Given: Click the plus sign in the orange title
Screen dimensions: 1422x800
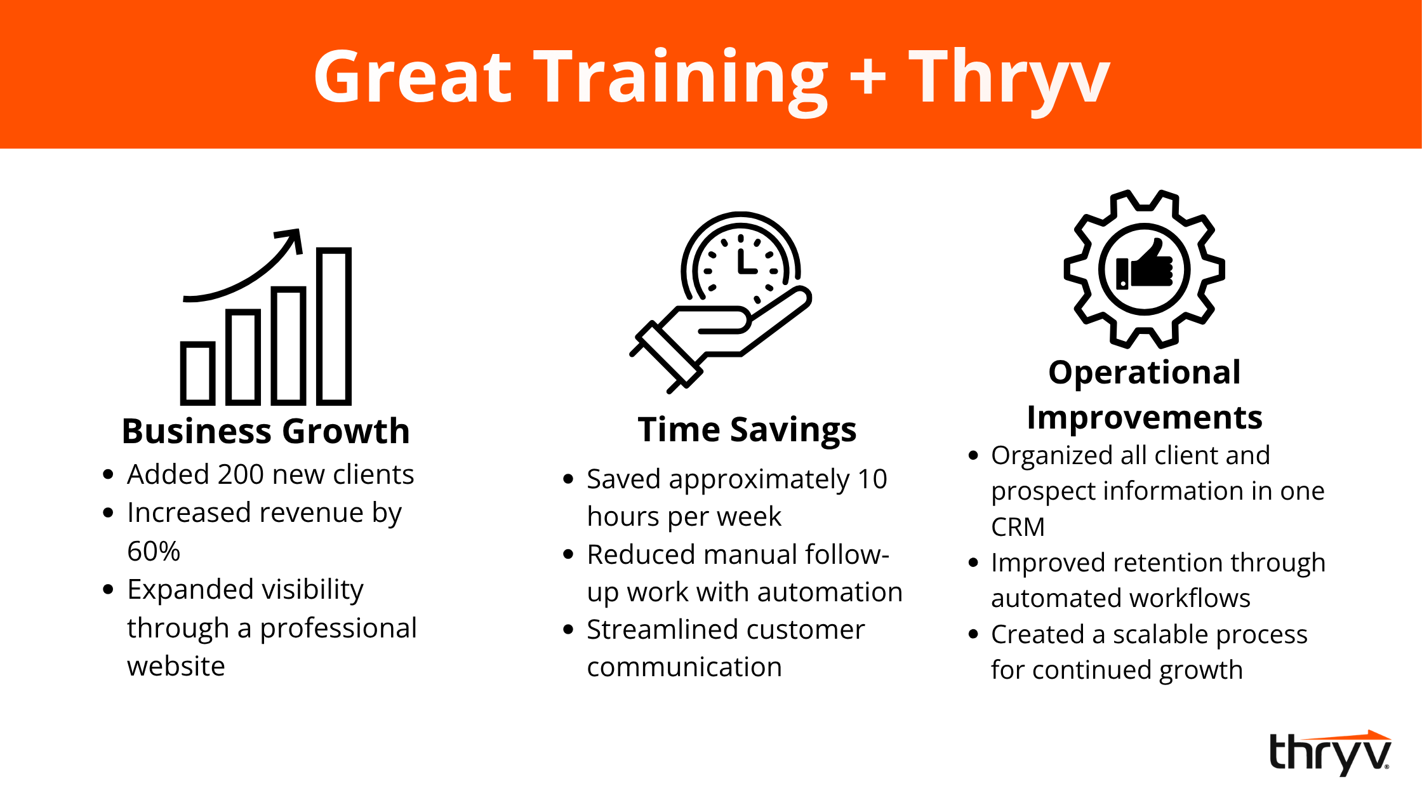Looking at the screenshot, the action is (x=867, y=76).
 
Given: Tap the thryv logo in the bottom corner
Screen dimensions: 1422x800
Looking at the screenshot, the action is (x=1330, y=753).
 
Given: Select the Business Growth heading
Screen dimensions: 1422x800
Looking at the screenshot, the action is (x=266, y=431).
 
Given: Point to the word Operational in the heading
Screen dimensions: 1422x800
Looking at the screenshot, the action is (x=1145, y=373).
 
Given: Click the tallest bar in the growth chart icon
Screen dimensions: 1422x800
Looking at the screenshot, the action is (x=334, y=326).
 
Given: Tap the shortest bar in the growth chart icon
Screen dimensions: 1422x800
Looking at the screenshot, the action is (x=197, y=373).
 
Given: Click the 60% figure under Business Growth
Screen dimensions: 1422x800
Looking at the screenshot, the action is (x=154, y=551).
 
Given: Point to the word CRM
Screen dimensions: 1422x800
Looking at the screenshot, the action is (x=1018, y=527).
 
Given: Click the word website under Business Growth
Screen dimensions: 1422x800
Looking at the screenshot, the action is (x=176, y=666).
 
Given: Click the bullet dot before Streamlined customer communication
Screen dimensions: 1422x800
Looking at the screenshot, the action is (x=568, y=630).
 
